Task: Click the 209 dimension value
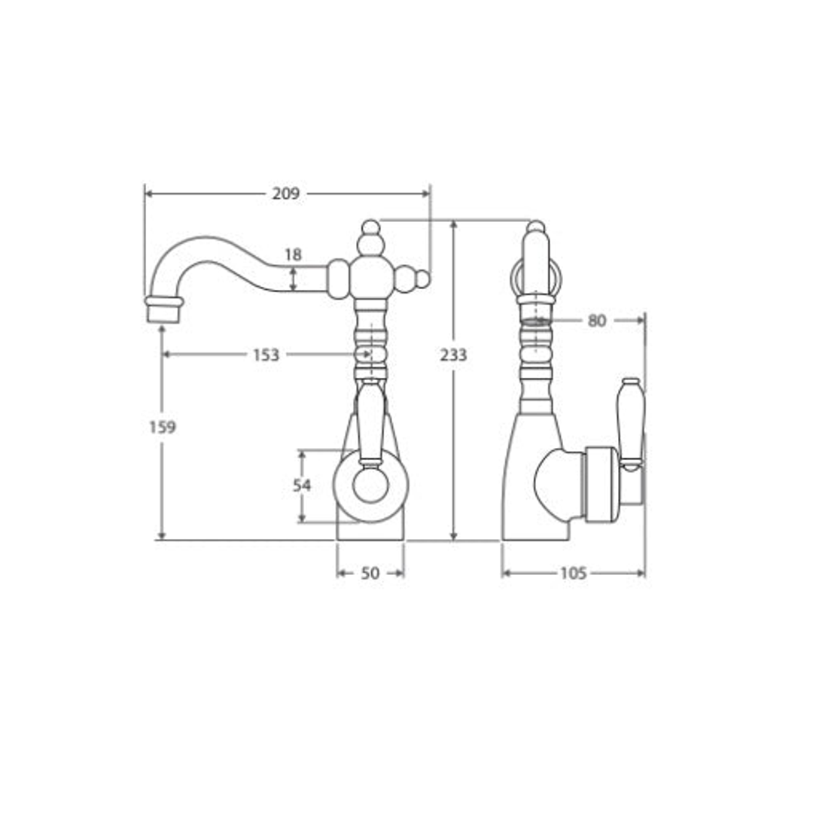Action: (286, 193)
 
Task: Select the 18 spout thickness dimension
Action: (293, 254)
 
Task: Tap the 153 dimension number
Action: (266, 355)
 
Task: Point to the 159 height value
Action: (163, 428)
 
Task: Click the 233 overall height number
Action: (454, 355)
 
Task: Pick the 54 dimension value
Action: (302, 486)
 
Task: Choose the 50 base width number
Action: (370, 574)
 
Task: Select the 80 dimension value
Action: (597, 321)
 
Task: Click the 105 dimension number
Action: (574, 574)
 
